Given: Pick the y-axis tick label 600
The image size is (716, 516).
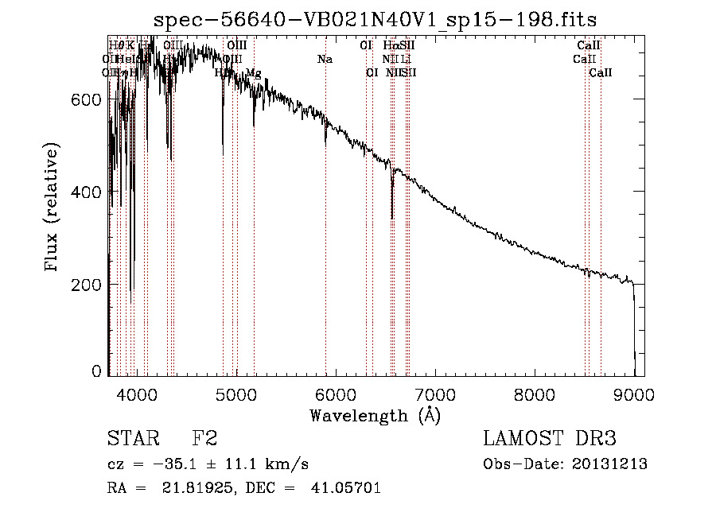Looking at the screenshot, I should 88,99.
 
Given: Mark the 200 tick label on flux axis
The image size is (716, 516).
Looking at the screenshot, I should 88,285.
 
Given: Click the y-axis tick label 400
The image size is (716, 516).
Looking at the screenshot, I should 88,192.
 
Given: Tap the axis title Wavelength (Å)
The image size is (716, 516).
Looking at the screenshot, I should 376,415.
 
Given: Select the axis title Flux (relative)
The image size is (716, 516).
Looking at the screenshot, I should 53,208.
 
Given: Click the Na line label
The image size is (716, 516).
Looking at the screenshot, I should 325,60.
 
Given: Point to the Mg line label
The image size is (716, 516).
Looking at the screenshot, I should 253,73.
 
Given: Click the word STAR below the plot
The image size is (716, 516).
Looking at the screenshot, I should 133,439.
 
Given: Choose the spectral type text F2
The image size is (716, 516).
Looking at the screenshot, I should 204,439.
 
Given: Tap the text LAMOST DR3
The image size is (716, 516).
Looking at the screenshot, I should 550,439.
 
